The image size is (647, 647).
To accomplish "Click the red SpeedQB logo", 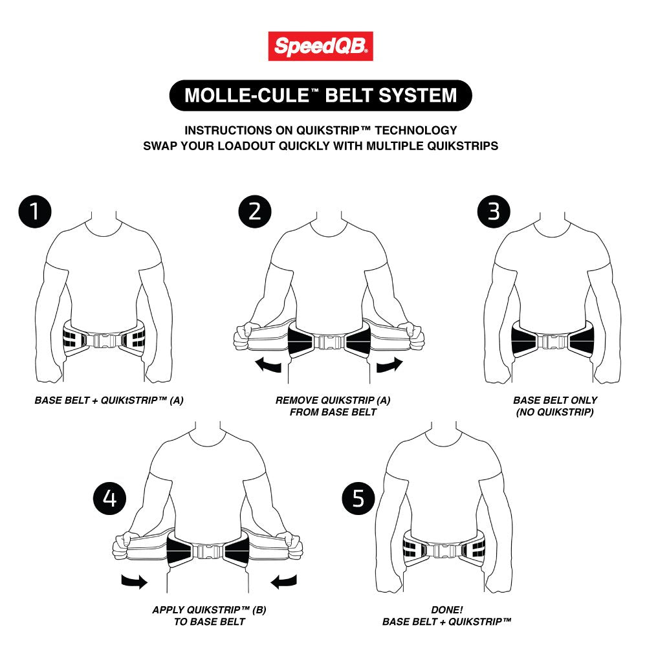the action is [x=321, y=46].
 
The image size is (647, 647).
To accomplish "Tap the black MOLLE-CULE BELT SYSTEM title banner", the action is [x=321, y=95].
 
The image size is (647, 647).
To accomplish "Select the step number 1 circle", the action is [x=35, y=212].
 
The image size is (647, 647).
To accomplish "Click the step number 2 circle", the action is [x=255, y=212].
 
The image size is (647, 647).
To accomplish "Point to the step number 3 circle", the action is [x=494, y=212].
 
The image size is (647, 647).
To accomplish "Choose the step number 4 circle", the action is [x=110, y=498].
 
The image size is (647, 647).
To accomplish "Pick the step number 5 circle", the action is [x=358, y=498].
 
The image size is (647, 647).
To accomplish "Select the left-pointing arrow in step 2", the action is [x=269, y=365].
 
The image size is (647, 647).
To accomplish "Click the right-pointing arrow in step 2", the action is [x=389, y=365].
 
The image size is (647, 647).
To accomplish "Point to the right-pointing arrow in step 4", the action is [x=134, y=582].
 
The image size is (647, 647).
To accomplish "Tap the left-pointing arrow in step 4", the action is [x=284, y=582].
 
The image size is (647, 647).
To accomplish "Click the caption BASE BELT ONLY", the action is [x=555, y=400].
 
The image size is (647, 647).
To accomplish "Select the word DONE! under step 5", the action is [x=447, y=610].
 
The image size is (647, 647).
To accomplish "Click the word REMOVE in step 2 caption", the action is [x=297, y=400].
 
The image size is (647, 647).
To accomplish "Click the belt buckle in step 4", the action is [x=208, y=552].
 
